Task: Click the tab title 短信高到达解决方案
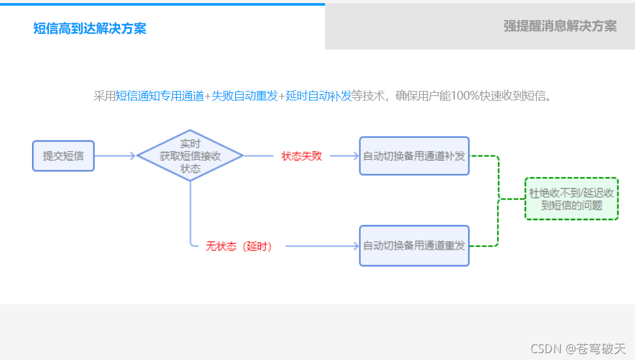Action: pos(90,29)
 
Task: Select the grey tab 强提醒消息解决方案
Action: pos(560,26)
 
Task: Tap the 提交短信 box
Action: pos(63,156)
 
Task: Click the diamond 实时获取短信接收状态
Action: pos(190,156)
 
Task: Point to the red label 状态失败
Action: pos(302,156)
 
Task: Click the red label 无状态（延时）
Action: pos(239,246)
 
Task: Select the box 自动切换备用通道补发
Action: pos(414,156)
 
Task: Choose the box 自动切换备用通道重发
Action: pos(414,245)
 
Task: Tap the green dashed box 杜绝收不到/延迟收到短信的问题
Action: pos(572,199)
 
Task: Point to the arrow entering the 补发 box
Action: pos(344,156)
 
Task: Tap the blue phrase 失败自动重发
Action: pos(245,96)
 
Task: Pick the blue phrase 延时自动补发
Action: pos(319,96)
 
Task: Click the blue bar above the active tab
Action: pos(163,4)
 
